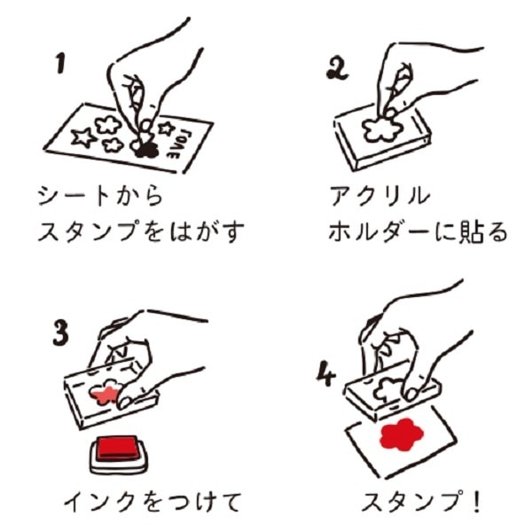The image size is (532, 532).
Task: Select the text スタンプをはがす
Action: [x=140, y=231]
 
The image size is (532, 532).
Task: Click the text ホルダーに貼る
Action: [x=417, y=231]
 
